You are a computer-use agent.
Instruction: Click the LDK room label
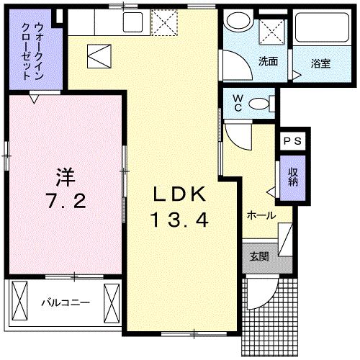(179, 194)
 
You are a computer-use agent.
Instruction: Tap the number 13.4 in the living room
(179, 219)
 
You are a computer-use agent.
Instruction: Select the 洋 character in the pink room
(66, 175)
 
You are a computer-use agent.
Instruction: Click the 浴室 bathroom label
(320, 63)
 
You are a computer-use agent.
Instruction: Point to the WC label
(235, 104)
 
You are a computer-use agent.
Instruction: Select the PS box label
(293, 142)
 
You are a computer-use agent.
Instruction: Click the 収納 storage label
(293, 177)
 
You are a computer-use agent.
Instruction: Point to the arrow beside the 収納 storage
(271, 192)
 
